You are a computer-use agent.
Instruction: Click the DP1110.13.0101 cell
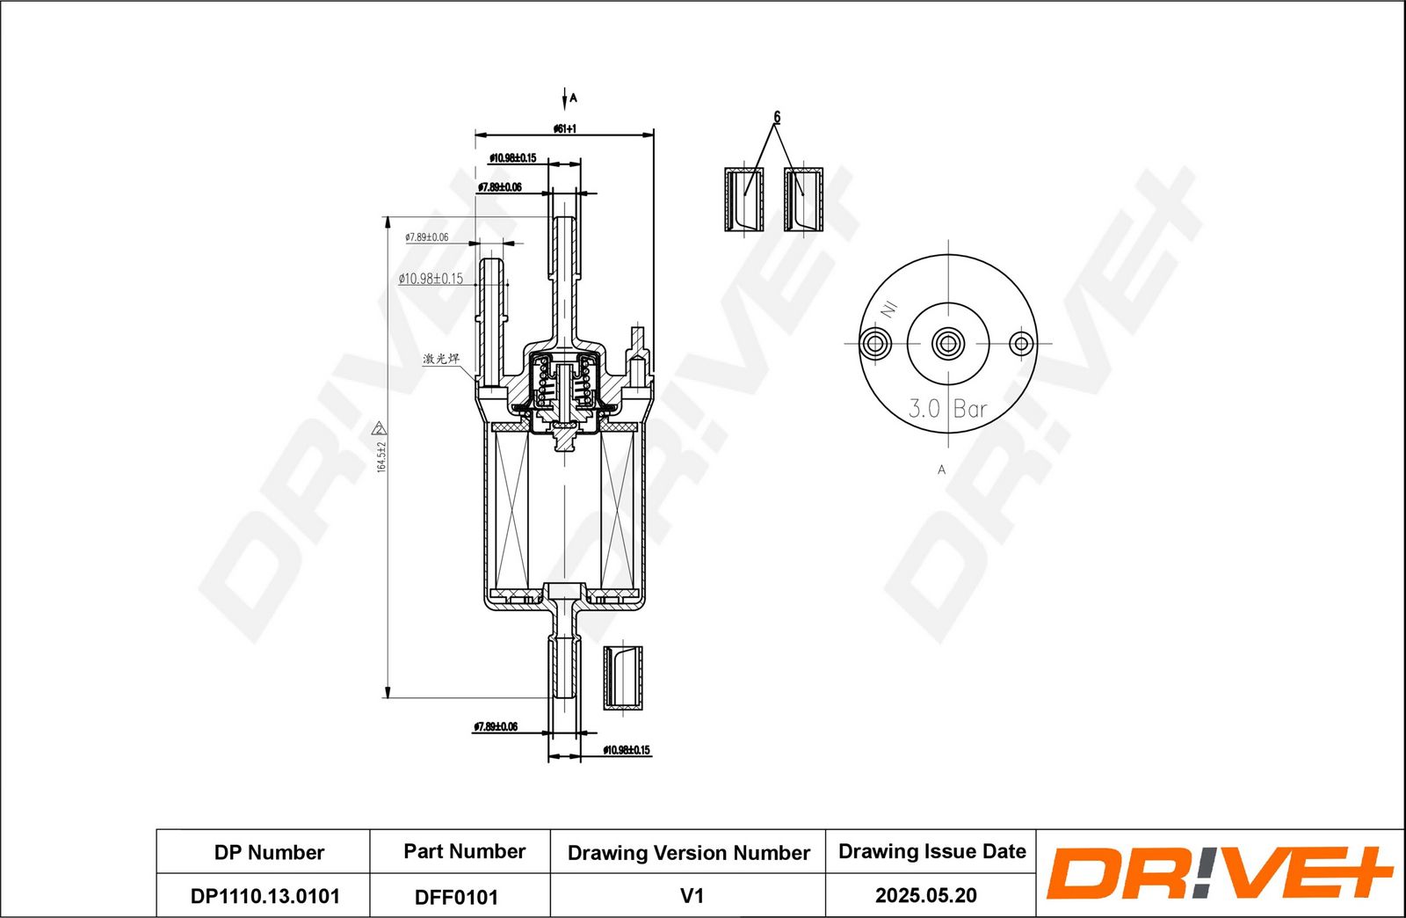tap(265, 896)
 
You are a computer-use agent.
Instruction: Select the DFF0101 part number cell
tap(456, 897)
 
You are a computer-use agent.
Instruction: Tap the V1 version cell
tap(692, 895)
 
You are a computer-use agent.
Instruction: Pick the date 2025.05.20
tap(925, 895)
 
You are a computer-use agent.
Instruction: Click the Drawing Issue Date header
tap(931, 851)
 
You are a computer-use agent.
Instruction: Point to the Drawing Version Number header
tap(688, 852)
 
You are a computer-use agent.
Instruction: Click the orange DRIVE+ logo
tap(1219, 873)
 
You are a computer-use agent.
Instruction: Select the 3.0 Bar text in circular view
tap(947, 408)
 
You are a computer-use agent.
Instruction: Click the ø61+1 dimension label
tap(564, 128)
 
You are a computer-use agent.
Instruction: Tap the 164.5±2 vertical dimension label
tap(381, 456)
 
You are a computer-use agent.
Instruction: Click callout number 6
tap(776, 117)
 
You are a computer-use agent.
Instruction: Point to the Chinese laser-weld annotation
tap(440, 359)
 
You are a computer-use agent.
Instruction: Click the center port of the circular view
tap(947, 343)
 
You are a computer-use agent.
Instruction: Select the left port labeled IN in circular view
tap(874, 343)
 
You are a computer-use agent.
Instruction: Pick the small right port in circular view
tap(1020, 343)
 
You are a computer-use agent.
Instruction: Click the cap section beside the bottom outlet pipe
tap(623, 678)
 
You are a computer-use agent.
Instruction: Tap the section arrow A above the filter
tap(565, 98)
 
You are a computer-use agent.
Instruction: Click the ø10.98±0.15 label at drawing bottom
tap(626, 750)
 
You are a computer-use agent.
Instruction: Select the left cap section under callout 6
tap(743, 200)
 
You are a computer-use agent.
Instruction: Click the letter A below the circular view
tap(941, 470)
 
